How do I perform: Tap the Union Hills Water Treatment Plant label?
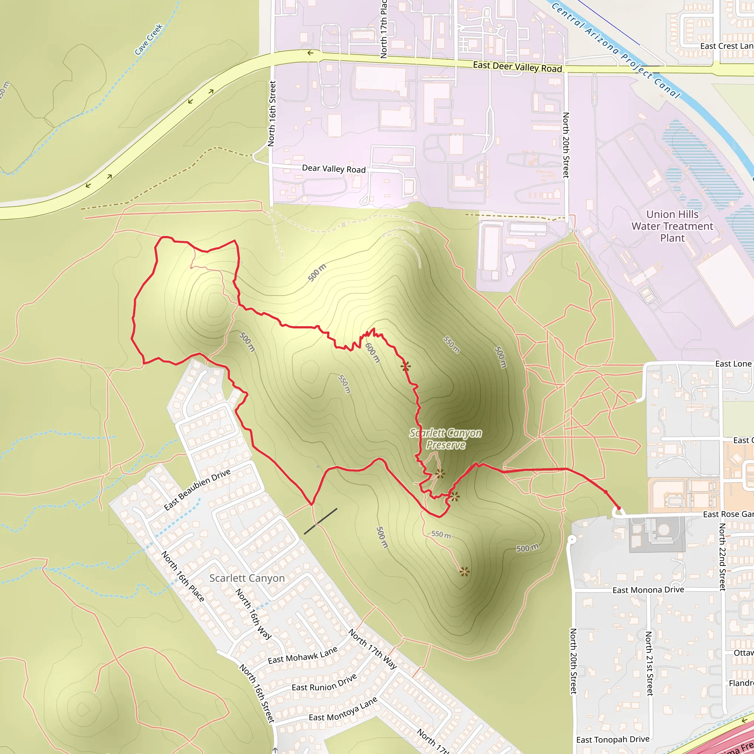[672, 226]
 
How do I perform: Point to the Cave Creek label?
[148, 39]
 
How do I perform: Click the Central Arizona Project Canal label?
[616, 50]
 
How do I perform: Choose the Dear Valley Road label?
[334, 169]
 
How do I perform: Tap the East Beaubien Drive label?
[197, 489]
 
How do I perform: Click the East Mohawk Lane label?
[303, 656]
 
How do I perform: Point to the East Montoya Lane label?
[343, 709]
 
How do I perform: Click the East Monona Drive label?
[648, 590]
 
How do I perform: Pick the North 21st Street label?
[649, 663]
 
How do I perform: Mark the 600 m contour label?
[372, 352]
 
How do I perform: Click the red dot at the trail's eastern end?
[618, 508]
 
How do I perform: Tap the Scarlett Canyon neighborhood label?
[247, 578]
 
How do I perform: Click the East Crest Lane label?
[726, 46]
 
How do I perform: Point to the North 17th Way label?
[373, 649]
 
